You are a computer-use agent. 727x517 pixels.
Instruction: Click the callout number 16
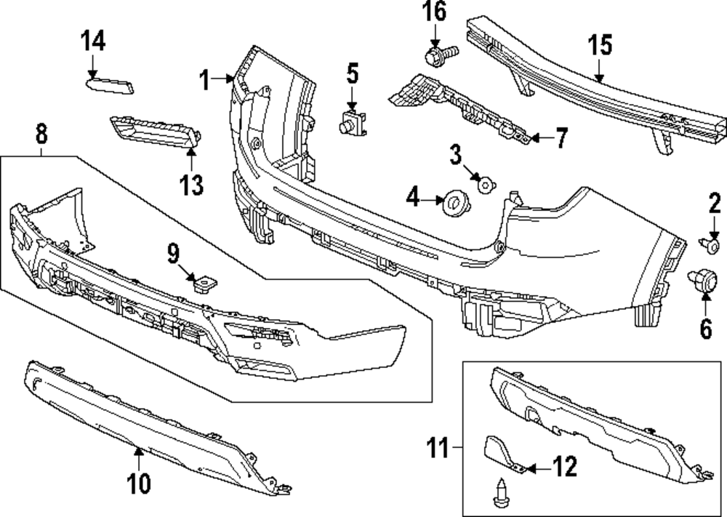[x=435, y=12]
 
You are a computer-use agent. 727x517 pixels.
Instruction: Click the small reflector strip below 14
[x=111, y=87]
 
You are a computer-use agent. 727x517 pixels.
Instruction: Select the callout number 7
[x=561, y=138]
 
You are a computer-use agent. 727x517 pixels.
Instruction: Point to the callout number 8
[x=41, y=133]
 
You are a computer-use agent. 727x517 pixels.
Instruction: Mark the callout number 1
[x=206, y=79]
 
